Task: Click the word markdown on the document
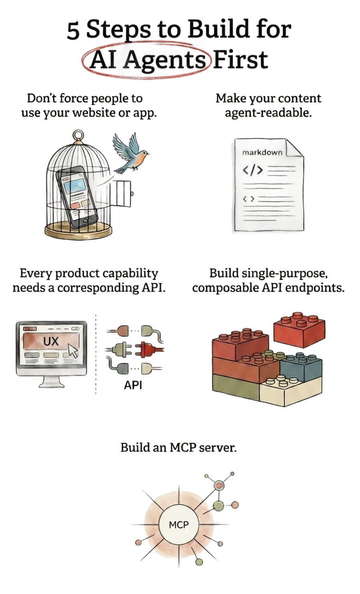(262, 152)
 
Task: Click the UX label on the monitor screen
(51, 341)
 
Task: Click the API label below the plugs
(133, 385)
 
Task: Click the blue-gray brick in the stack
(301, 367)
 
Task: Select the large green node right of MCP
(218, 506)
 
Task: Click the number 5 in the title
(73, 31)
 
